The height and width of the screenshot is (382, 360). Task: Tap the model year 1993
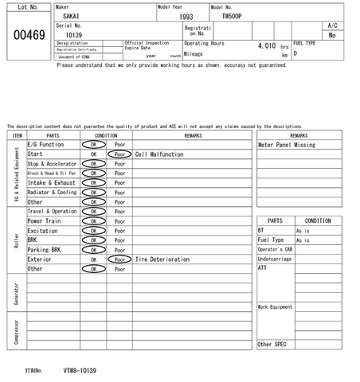[186, 16]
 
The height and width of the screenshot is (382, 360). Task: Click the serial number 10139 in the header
[73, 35]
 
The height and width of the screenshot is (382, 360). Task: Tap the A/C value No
[332, 35]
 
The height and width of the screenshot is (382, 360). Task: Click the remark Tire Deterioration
[162, 259]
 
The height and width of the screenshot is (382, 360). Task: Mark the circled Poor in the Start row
[119, 154]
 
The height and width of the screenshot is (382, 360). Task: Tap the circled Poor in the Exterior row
[119, 259]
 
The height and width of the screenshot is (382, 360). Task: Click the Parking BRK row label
[45, 250]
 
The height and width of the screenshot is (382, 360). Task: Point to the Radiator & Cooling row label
[53, 193]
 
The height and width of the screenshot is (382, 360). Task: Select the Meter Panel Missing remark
[287, 145]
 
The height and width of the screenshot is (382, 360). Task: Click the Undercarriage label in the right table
[275, 259]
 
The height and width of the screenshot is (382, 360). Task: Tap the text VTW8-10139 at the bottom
[80, 371]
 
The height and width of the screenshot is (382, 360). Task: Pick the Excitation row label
[43, 231]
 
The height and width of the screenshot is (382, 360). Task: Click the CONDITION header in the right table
[318, 220]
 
